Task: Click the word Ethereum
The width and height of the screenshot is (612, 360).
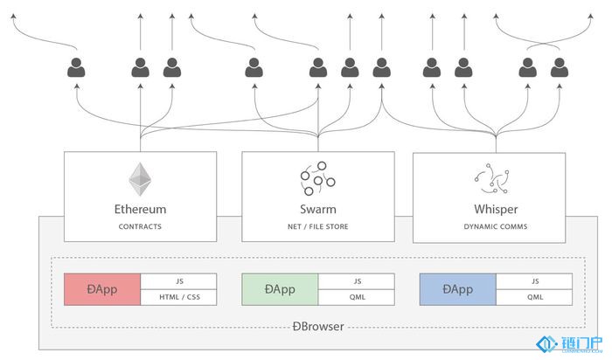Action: (140, 210)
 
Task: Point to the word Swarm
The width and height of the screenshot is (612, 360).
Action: (317, 210)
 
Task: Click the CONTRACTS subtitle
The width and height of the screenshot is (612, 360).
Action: (140, 226)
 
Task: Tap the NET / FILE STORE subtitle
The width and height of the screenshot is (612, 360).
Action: (317, 226)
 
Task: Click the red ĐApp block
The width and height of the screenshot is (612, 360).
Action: (102, 289)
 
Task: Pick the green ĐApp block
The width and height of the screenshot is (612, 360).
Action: (280, 289)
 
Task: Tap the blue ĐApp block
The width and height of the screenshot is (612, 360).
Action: (457, 289)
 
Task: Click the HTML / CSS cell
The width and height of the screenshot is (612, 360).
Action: (178, 297)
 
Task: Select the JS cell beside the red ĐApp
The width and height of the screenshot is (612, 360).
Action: (178, 281)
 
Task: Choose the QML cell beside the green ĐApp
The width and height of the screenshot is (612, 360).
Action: (357, 297)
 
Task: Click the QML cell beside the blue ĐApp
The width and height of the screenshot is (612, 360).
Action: (534, 297)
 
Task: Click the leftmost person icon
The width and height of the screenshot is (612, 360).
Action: (77, 67)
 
